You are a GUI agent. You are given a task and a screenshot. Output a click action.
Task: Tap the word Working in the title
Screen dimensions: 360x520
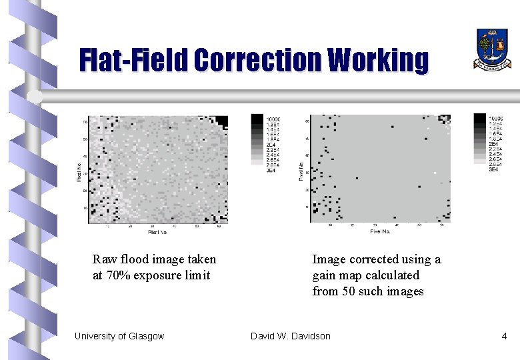(378, 60)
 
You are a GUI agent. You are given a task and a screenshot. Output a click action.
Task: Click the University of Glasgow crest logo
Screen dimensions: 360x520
(492, 49)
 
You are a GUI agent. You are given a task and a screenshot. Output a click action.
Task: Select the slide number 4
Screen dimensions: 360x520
(504, 336)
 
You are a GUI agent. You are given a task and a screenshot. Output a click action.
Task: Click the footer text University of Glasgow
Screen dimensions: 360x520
(119, 336)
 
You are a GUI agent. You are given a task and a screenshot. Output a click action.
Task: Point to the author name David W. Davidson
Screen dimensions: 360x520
(290, 336)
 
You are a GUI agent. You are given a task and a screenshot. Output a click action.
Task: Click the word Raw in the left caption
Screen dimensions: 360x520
(105, 259)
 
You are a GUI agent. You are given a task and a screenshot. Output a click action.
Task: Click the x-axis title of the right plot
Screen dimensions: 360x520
(381, 232)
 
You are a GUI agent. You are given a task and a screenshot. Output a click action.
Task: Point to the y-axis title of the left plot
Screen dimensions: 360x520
(79, 171)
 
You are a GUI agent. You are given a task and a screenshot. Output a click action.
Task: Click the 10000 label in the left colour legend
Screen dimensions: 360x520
(273, 119)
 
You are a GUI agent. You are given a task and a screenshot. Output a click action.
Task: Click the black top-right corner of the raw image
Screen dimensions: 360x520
(221, 121)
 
